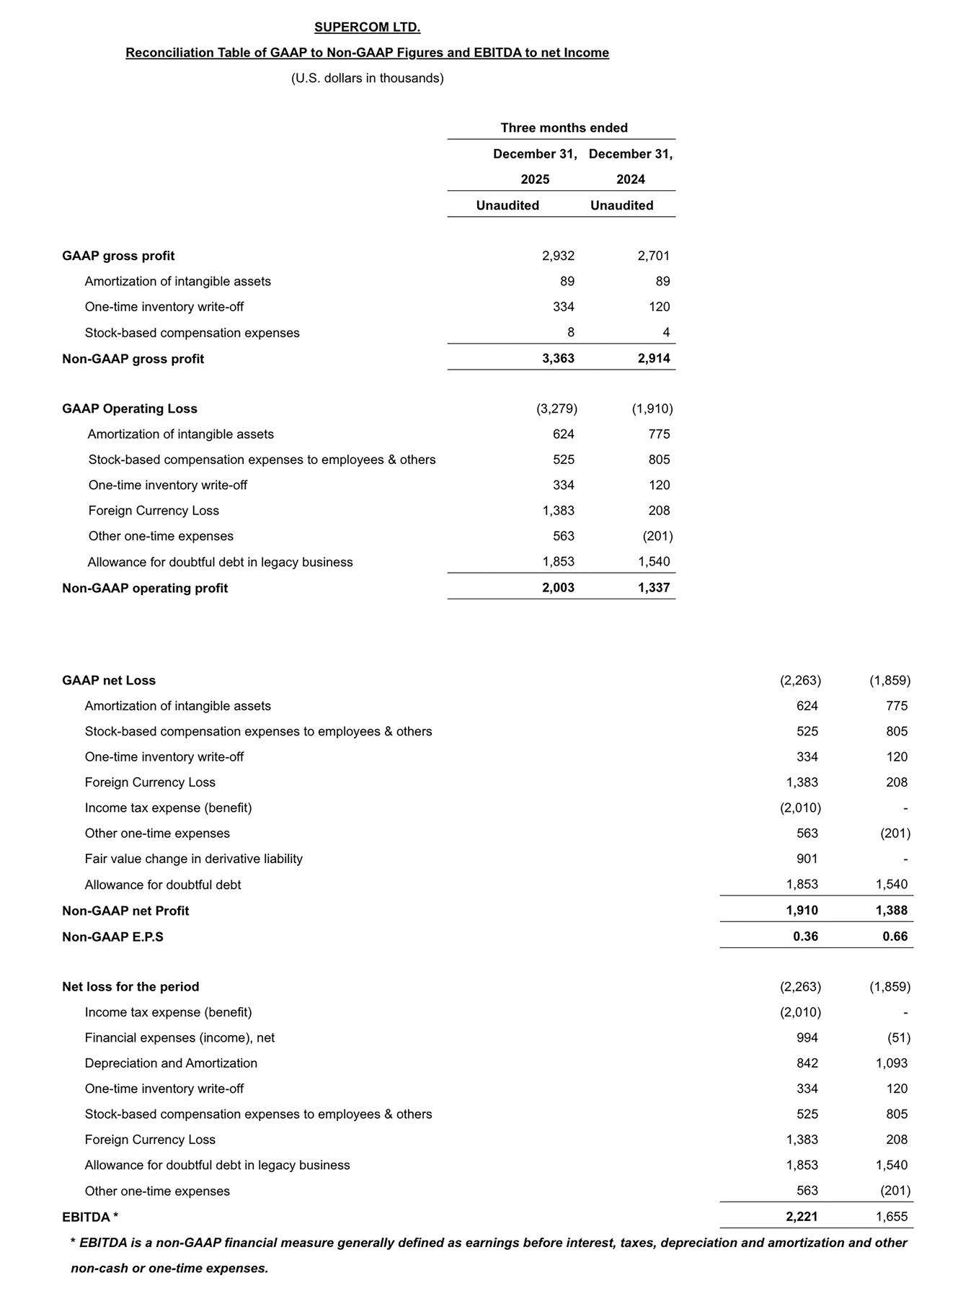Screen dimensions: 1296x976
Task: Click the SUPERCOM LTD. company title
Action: (367, 27)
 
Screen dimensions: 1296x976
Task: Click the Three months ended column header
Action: (564, 128)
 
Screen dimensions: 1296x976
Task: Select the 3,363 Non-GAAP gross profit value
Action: (558, 358)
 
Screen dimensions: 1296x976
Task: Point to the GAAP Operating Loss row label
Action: (130, 408)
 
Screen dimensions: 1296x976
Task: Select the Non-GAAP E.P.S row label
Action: (112, 937)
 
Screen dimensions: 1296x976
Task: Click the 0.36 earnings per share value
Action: (805, 937)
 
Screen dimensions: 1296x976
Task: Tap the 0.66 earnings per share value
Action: (895, 937)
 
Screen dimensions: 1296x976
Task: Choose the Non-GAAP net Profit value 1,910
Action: (802, 911)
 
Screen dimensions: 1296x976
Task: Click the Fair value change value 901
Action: (807, 859)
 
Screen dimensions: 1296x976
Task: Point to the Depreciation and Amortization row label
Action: (171, 1063)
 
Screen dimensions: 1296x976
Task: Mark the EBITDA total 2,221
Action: (802, 1217)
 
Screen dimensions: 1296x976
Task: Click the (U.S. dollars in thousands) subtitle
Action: (367, 78)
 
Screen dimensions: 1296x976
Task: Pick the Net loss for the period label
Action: (130, 986)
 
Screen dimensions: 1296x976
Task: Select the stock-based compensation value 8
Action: (570, 332)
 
